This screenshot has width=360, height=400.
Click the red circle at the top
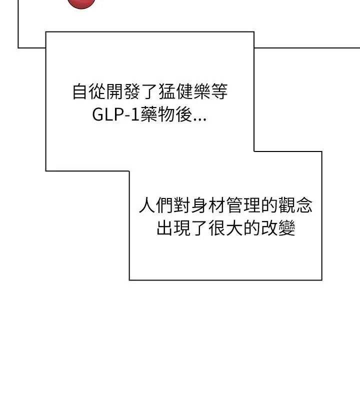pyautogui.click(x=81, y=3)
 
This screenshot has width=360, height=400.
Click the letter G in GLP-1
pyautogui.click(x=97, y=114)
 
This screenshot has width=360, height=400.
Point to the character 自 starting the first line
pyautogui.click(x=79, y=91)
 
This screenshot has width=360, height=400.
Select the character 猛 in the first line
pyautogui.click(x=167, y=91)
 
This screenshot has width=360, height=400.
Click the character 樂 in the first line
pyautogui.click(x=202, y=91)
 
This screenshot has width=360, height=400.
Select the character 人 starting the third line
pyautogui.click(x=147, y=205)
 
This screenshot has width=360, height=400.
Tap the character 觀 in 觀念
pyautogui.click(x=286, y=205)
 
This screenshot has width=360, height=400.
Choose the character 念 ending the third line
pyautogui.click(x=304, y=205)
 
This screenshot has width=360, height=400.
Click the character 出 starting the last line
pyautogui.click(x=164, y=227)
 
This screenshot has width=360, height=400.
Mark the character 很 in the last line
pyautogui.click(x=217, y=227)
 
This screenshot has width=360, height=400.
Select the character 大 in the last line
pyautogui.click(x=234, y=227)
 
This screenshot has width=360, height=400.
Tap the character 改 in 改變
pyautogui.click(x=269, y=227)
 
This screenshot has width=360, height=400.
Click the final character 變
pyautogui.click(x=286, y=227)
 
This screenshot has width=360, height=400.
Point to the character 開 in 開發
pyautogui.click(x=114, y=91)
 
